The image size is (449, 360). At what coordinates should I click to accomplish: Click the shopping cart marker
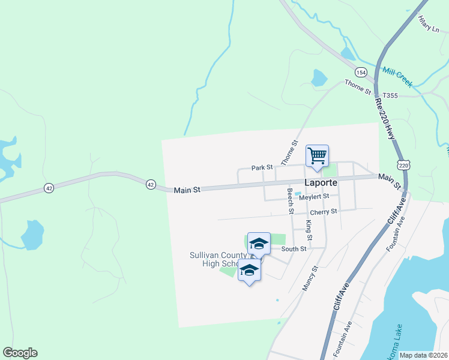pos(317,155)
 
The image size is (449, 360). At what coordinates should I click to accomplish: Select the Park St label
pos(262,167)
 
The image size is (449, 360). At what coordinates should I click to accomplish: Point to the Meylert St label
pos(315,196)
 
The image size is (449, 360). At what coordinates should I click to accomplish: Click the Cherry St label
pos(324,212)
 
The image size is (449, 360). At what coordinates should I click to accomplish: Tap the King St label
pos(309,227)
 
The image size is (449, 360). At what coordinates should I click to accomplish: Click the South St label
pos(294,248)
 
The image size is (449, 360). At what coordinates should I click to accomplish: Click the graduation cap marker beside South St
pos(259,244)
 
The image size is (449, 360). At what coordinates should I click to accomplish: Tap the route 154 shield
pos(361,72)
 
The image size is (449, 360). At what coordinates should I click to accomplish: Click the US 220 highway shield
pos(403,164)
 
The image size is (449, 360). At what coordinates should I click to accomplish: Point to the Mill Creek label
pos(397,77)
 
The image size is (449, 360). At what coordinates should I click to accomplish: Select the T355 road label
pos(390,95)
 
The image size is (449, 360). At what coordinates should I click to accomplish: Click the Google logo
pos(20,353)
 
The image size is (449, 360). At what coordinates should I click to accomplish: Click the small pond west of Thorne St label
pos(319,78)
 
